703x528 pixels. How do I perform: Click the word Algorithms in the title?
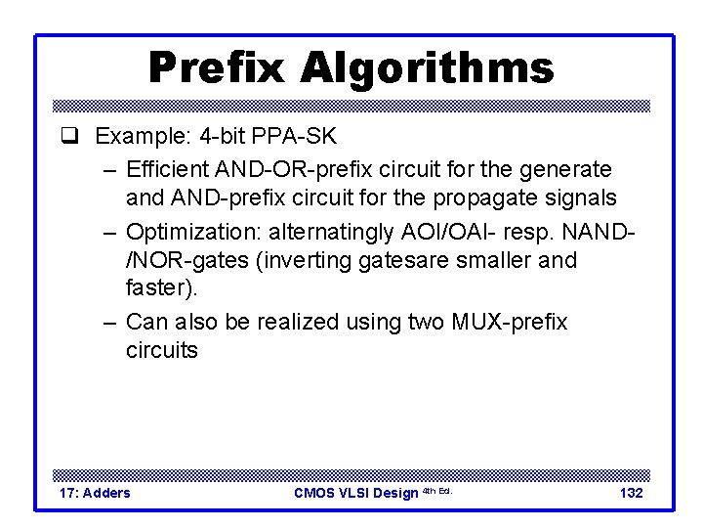point(428,68)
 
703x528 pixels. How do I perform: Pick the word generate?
point(571,169)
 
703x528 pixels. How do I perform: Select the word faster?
point(159,288)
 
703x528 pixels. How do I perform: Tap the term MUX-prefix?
point(508,322)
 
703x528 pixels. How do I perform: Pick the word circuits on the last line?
point(162,350)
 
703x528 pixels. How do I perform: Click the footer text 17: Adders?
point(95,493)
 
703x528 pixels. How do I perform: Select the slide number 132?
point(632,493)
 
